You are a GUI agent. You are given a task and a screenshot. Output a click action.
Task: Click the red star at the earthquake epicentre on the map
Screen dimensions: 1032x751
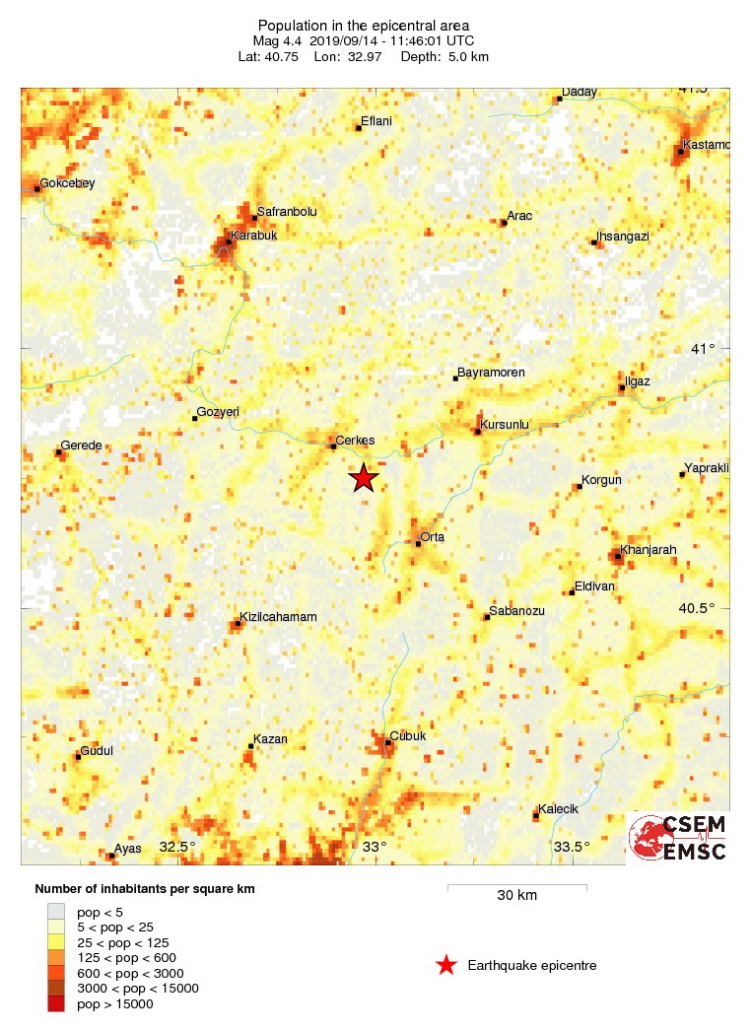click(x=364, y=478)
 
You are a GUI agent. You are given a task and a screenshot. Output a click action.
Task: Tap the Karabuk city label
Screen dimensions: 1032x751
click(x=254, y=236)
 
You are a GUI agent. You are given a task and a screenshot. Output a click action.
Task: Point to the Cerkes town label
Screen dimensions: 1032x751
click(x=356, y=441)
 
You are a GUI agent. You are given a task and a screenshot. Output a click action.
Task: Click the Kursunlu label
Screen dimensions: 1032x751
click(x=505, y=425)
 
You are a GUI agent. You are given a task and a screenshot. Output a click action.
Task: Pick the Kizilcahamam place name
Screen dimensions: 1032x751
click(x=279, y=617)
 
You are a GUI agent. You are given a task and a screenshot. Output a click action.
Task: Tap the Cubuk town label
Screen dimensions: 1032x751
click(x=408, y=735)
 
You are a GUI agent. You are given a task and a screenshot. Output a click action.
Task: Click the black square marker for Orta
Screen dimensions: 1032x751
click(x=418, y=543)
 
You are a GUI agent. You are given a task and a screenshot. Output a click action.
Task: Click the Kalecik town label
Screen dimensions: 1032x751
click(x=559, y=809)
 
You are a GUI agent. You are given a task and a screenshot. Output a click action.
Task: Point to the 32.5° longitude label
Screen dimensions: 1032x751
click(x=177, y=847)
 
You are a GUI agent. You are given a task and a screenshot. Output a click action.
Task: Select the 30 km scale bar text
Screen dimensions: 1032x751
click(x=516, y=896)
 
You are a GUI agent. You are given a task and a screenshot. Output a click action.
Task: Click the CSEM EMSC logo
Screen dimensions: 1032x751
click(x=679, y=838)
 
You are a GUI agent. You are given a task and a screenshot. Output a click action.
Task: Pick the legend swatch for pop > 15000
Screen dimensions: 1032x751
click(x=56, y=1003)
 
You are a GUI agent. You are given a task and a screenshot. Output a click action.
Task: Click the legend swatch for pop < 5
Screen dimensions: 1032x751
click(x=56, y=912)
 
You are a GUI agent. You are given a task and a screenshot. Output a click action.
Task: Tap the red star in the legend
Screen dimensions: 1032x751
click(x=446, y=966)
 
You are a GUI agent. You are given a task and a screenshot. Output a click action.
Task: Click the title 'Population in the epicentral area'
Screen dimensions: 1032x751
click(x=364, y=26)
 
